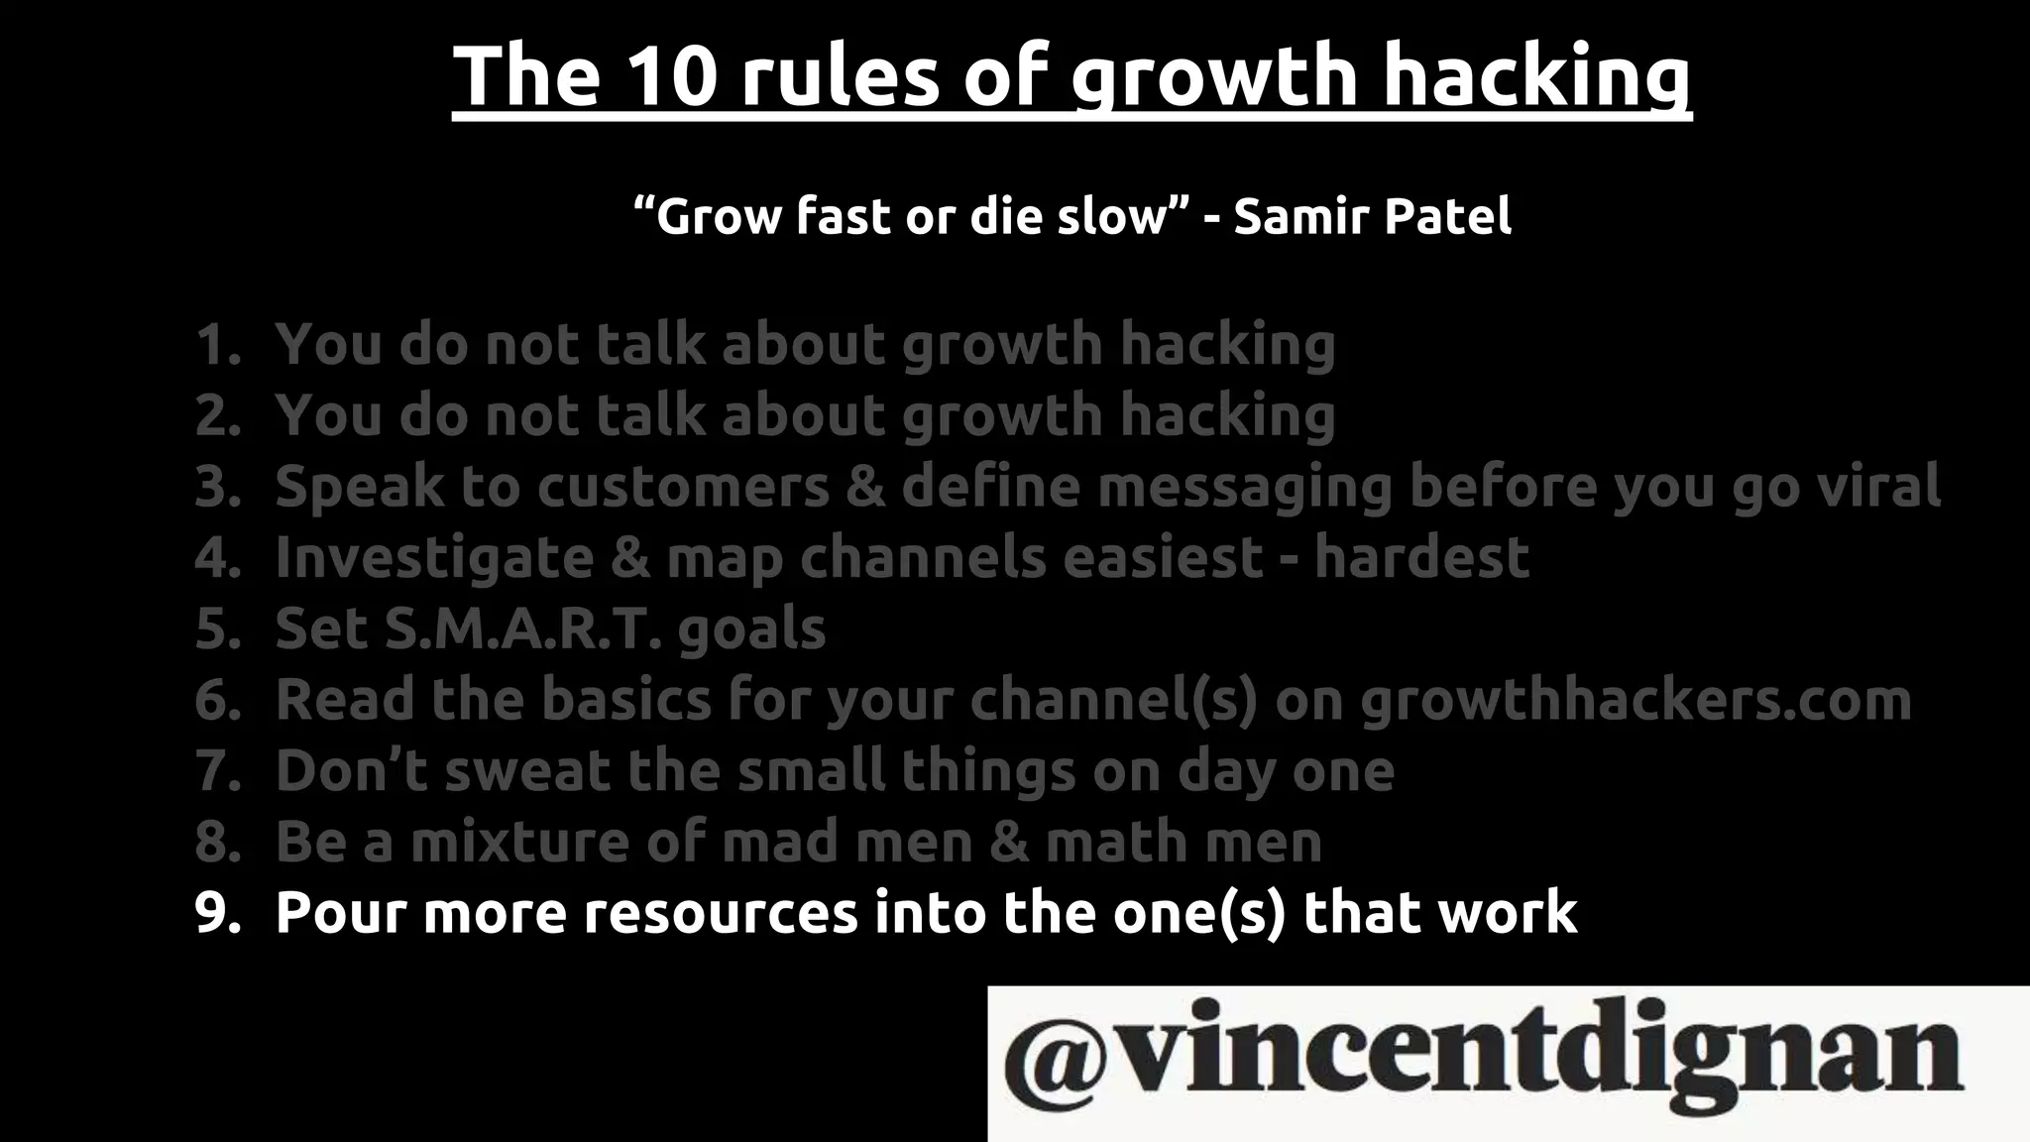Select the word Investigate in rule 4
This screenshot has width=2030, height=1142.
point(434,558)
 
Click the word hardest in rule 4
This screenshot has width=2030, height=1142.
point(1421,558)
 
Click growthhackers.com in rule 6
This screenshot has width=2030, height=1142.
point(1635,700)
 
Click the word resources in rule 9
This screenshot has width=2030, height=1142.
point(721,913)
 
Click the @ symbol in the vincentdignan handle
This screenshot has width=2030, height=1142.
point(1054,1057)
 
